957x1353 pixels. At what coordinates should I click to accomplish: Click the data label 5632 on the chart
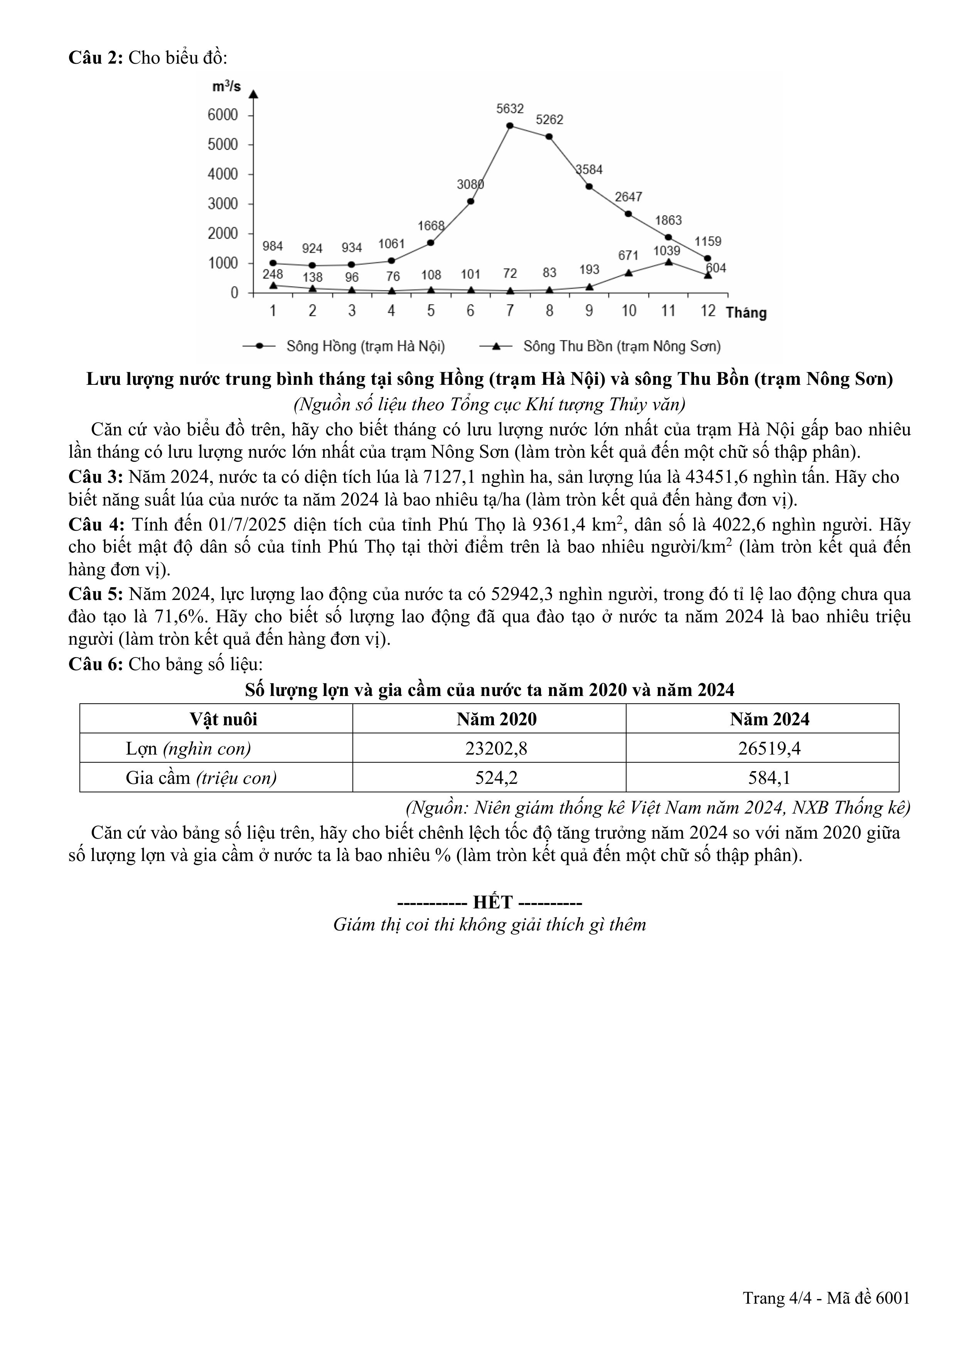[510, 108]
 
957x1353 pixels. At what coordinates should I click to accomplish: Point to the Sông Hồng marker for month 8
[549, 137]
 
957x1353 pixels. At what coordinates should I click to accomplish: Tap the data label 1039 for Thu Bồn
[667, 251]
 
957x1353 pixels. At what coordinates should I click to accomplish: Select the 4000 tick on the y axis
[223, 174]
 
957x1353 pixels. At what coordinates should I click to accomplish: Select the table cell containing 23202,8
[496, 748]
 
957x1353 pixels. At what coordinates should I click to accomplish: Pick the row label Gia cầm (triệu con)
[201, 778]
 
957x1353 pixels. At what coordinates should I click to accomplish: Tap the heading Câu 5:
[96, 594]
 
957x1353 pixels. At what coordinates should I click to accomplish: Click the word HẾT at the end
[493, 902]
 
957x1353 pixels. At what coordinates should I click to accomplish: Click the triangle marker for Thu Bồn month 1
[273, 285]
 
